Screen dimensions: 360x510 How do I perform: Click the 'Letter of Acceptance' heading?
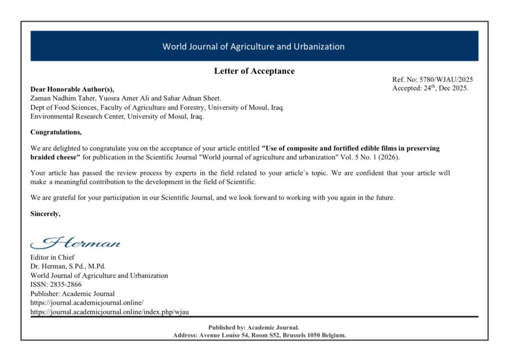point(254,71)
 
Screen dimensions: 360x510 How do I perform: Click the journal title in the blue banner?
point(253,46)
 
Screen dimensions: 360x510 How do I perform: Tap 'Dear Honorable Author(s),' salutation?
point(72,89)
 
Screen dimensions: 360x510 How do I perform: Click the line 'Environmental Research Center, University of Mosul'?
point(117,116)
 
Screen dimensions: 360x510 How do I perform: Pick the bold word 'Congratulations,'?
point(56,132)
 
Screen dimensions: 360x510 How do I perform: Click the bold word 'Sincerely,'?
point(45,214)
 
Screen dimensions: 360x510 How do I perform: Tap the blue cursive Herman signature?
point(76,243)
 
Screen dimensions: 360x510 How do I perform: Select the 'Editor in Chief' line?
point(52,257)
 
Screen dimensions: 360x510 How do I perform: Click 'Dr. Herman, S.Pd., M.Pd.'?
point(68,266)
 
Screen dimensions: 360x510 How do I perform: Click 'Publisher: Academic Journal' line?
point(72,294)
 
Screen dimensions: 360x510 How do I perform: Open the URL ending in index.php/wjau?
point(109,312)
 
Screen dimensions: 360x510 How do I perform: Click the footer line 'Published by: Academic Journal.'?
point(254,327)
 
